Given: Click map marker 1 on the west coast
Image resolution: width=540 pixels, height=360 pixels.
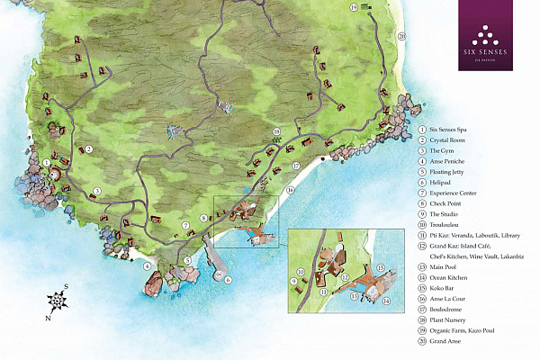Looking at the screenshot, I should pos(46,162).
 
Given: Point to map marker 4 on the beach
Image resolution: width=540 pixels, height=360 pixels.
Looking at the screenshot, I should pos(147,265).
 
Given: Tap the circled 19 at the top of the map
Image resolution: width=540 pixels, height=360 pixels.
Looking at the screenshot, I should pos(354,7).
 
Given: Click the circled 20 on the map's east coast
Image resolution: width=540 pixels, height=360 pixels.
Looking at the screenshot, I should pos(401,36).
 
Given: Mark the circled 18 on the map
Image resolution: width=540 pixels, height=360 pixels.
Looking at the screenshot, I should pos(277,131).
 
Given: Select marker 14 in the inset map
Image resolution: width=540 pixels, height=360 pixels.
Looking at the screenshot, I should pos(387,301).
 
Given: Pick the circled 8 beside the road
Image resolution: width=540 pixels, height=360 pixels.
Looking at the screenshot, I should pos(204,218).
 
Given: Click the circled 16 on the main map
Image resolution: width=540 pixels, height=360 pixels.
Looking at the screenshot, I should pos(290,191).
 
